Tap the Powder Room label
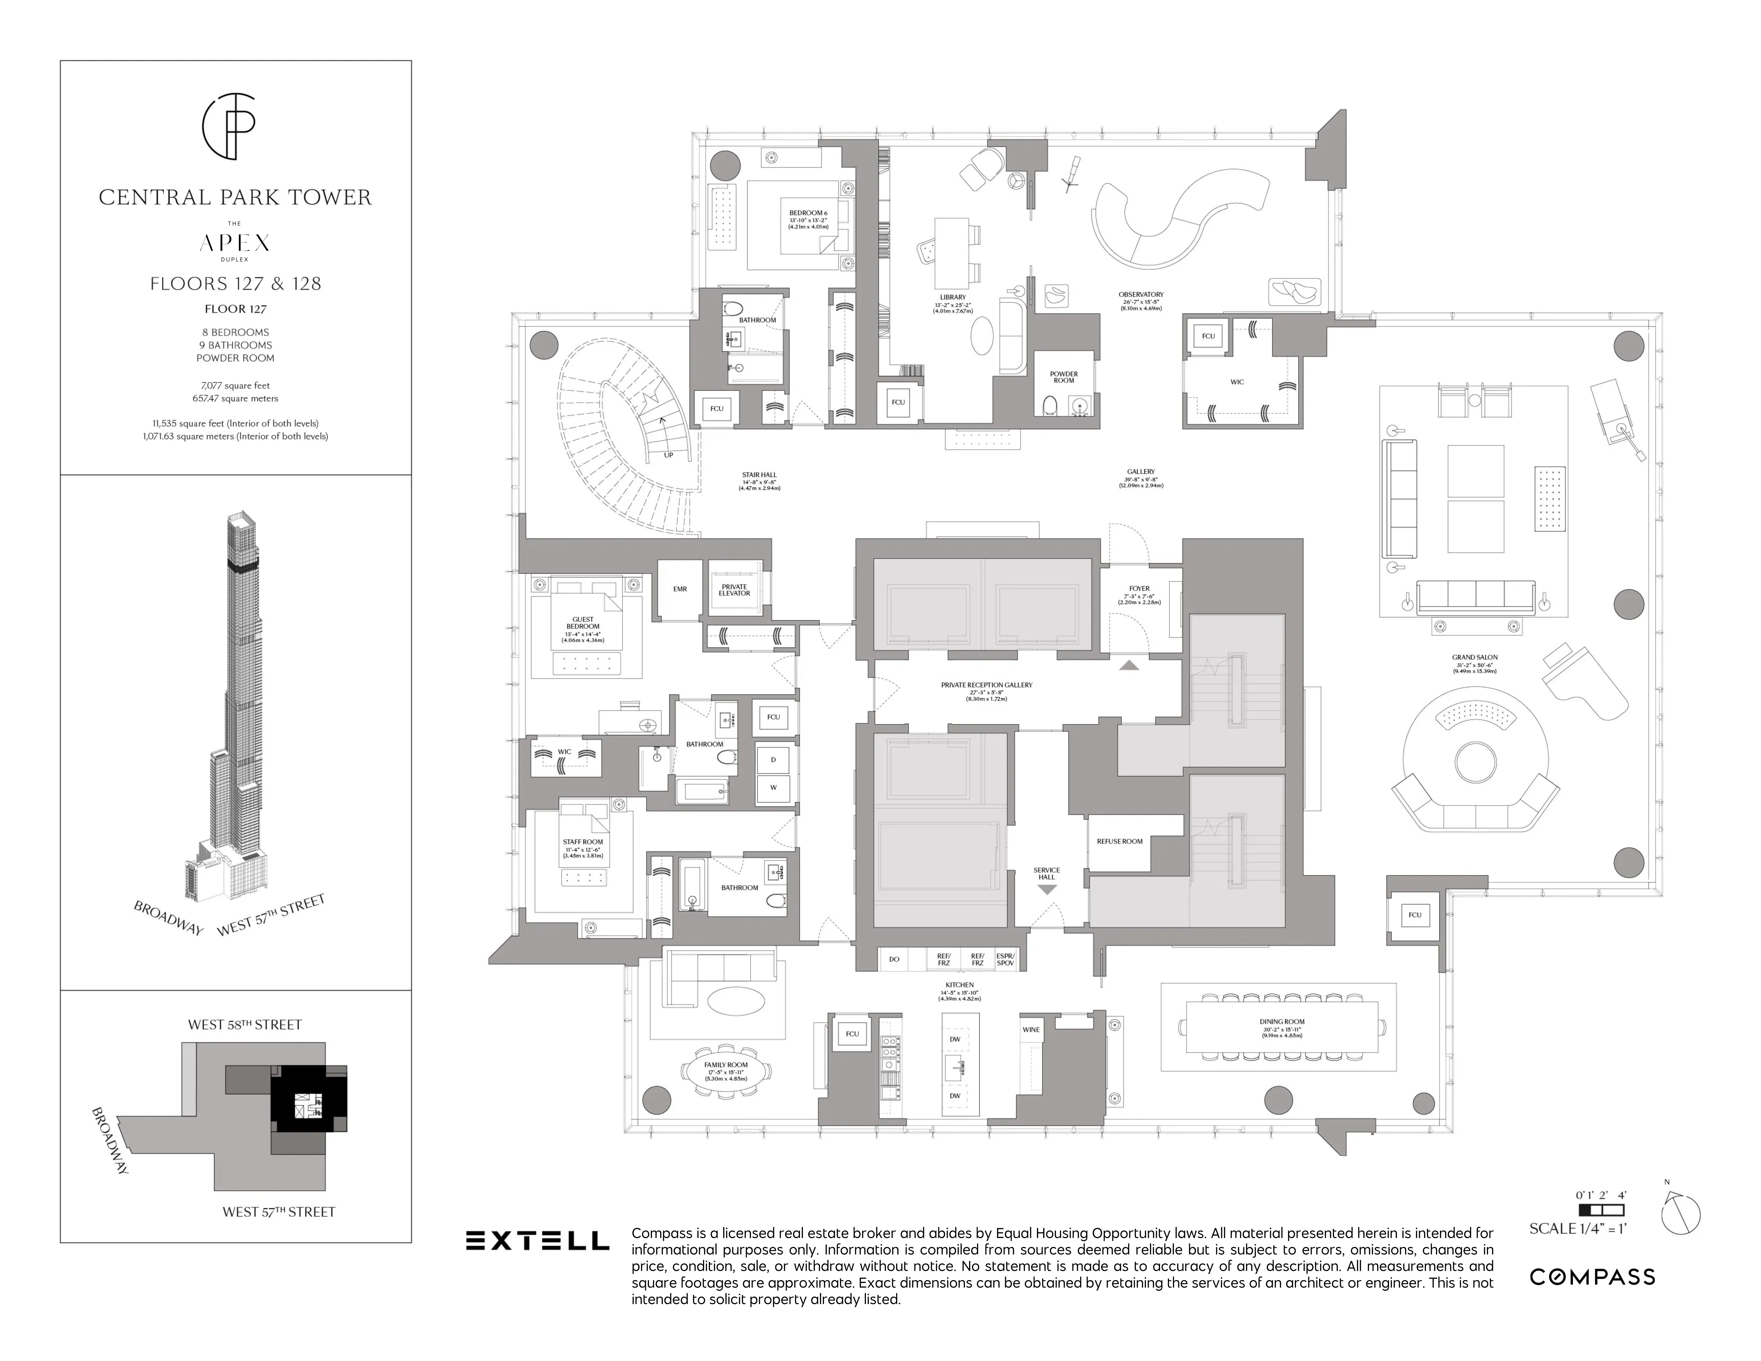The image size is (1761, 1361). pyautogui.click(x=1064, y=377)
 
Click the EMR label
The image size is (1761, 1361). pyautogui.click(x=680, y=589)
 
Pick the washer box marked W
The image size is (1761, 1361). pyautogui.click(x=773, y=788)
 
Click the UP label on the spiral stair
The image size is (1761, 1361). pyautogui.click(x=668, y=455)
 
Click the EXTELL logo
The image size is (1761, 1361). pyautogui.click(x=537, y=1241)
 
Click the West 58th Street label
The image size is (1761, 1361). pyautogui.click(x=244, y=1025)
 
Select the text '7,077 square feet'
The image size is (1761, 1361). pyautogui.click(x=235, y=385)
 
